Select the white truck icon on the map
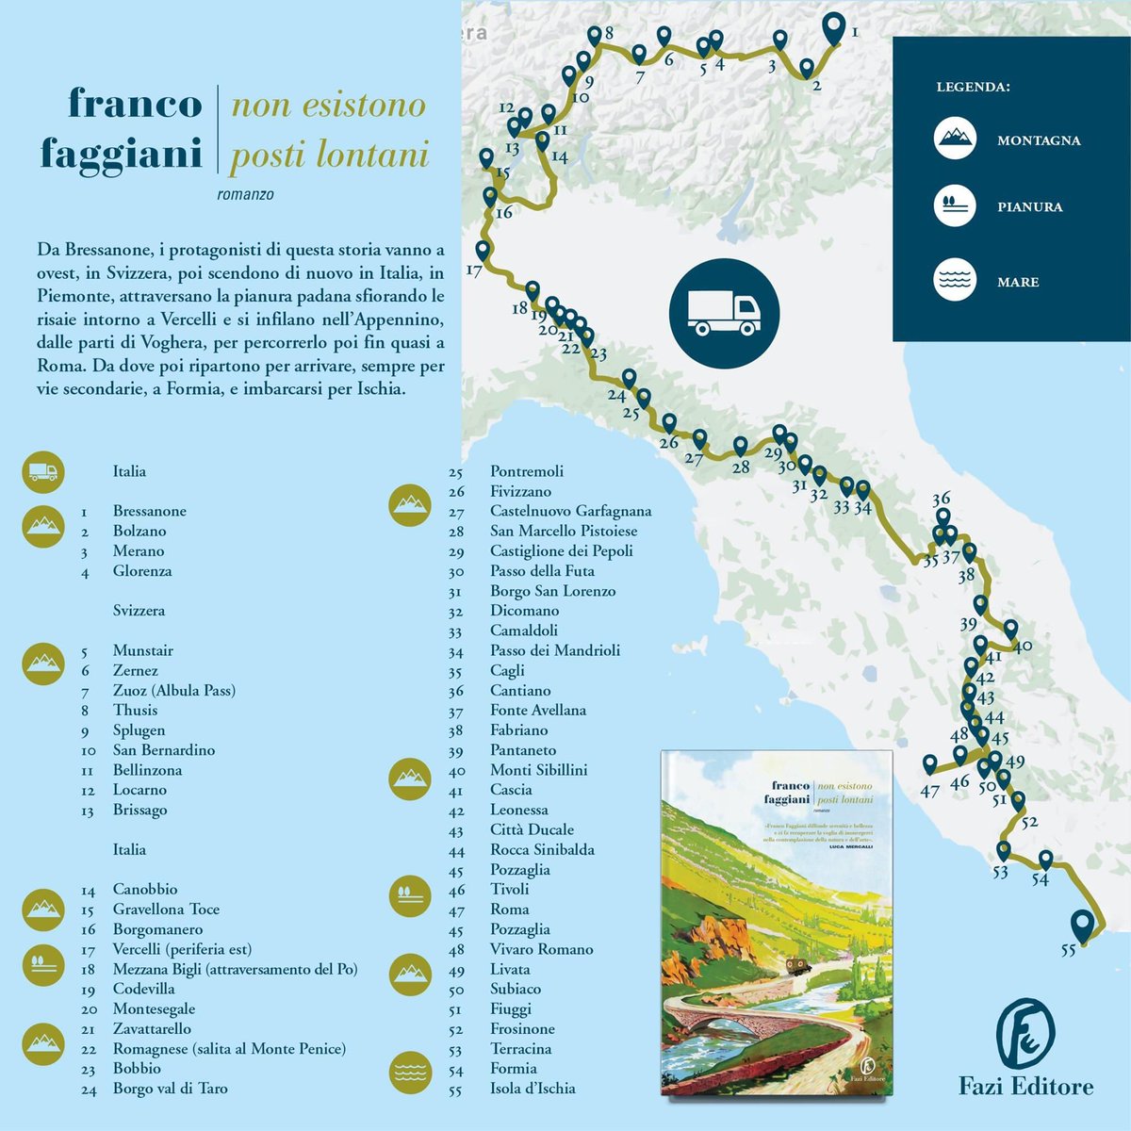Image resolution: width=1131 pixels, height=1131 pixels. pos(724,311)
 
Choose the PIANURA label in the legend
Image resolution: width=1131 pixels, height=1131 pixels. pos(1029,206)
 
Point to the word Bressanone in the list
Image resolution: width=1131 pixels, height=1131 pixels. pos(149,511)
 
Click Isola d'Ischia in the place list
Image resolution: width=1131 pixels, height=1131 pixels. pos(533,1089)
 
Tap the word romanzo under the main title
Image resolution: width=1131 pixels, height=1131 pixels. pos(245,195)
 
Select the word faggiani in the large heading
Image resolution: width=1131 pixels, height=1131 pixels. pos(121,154)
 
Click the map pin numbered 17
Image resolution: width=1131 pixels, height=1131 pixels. pos(483,250)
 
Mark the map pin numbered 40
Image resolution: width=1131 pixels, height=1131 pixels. pos(1010,628)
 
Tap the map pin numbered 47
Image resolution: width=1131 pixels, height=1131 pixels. pos(930,763)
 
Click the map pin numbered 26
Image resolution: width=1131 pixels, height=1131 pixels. pos(669,421)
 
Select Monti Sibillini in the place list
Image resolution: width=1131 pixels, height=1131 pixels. pos(538,770)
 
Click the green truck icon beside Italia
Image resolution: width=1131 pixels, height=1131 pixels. pos(43,471)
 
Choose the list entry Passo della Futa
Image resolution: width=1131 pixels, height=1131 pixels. pos(542,571)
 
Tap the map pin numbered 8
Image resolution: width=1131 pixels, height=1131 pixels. pos(594,36)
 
